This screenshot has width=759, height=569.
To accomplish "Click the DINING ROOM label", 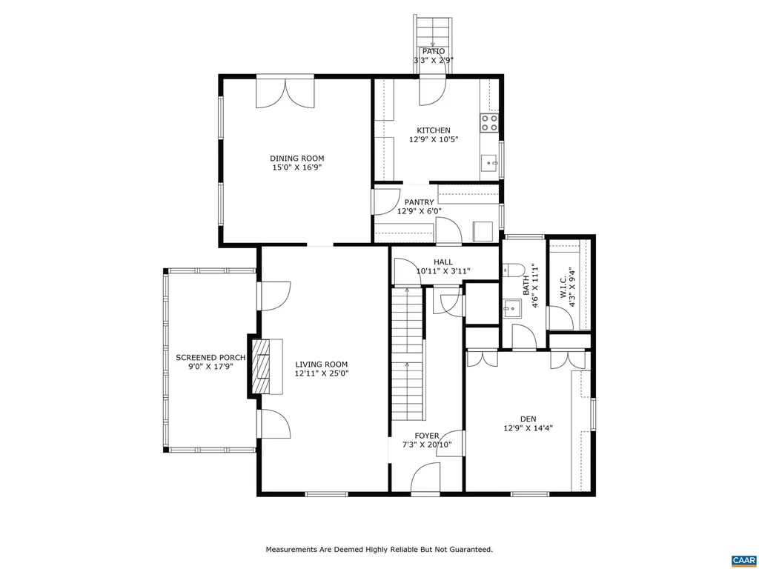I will [x=296, y=158].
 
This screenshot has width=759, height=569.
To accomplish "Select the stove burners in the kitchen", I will [x=489, y=122].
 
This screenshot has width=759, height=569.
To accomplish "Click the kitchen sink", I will [x=489, y=162].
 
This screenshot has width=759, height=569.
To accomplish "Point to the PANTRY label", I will [x=419, y=202].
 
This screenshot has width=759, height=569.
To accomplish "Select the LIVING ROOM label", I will [x=321, y=364].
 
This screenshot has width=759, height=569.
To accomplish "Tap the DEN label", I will [x=528, y=418].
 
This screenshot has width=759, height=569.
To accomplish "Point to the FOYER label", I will [x=426, y=436].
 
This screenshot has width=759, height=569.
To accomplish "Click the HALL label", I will [x=443, y=262].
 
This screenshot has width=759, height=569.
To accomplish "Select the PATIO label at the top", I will [x=434, y=51].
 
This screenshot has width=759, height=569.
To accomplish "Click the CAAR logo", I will [x=743, y=559].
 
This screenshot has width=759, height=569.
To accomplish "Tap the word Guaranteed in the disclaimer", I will [x=470, y=550].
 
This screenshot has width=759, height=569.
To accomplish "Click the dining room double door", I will [x=285, y=92].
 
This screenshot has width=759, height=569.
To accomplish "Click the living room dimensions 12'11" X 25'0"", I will [x=321, y=373].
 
